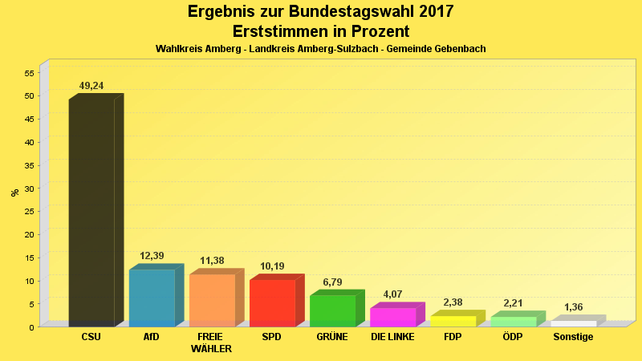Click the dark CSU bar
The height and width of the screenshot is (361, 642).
[x=91, y=213]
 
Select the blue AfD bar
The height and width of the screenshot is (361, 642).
[x=152, y=298]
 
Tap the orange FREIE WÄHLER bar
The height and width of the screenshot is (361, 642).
[x=212, y=300]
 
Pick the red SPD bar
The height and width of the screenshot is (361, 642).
[x=272, y=302]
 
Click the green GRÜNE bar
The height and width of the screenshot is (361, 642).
[x=332, y=310]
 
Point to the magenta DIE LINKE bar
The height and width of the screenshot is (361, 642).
[x=392, y=317]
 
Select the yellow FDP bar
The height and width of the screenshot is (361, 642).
[x=453, y=321]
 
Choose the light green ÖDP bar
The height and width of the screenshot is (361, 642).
[x=513, y=322]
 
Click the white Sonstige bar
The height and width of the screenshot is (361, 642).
[x=573, y=323]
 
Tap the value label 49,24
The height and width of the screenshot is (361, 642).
[x=91, y=86]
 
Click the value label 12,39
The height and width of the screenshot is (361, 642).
[x=152, y=256]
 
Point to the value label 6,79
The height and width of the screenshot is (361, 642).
[x=332, y=282]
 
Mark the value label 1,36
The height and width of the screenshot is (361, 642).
[x=573, y=307]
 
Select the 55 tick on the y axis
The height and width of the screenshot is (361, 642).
[x=29, y=73]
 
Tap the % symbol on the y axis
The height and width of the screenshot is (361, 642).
[x=14, y=193]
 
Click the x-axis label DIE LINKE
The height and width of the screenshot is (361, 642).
[x=392, y=337]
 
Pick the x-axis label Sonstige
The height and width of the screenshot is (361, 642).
[x=573, y=337]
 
